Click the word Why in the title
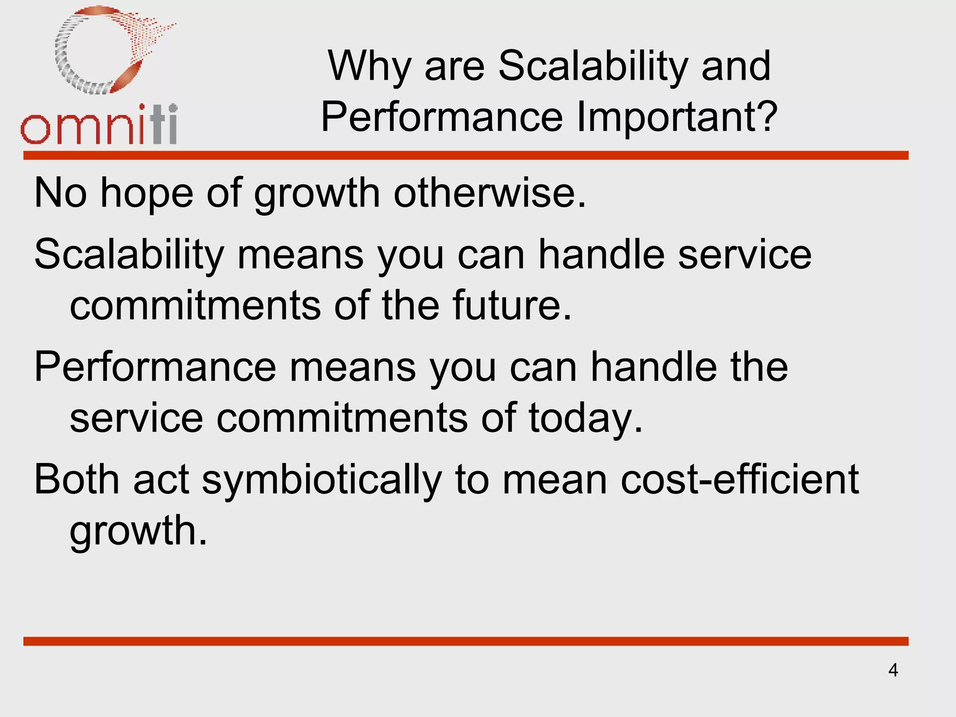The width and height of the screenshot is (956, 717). [x=369, y=67]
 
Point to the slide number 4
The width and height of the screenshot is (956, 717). [x=893, y=670]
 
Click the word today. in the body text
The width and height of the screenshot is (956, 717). [x=586, y=418]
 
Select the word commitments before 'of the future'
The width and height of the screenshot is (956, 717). [x=195, y=305]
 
